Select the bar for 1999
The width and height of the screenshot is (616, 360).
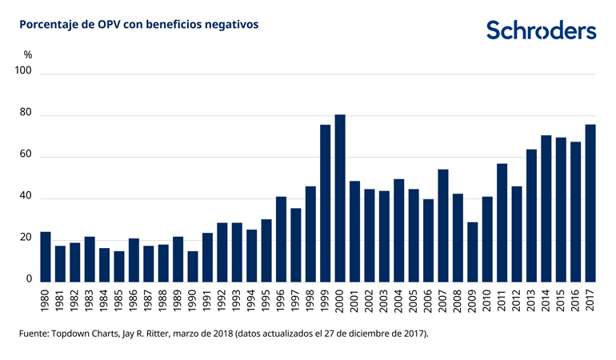(325, 203)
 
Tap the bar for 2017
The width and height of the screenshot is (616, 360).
(590, 203)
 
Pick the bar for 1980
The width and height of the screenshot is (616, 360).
(45, 257)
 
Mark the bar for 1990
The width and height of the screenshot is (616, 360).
(193, 266)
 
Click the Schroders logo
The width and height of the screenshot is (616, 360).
(542, 30)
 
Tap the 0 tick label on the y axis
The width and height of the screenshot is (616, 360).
(28, 279)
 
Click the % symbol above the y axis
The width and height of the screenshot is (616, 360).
(27, 54)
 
